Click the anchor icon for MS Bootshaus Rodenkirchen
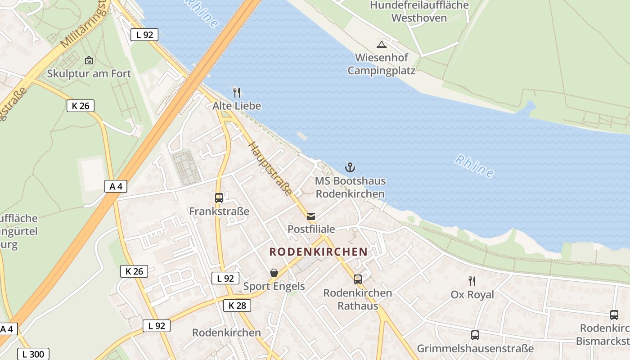point(350,168)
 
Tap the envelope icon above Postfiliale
point(311,216)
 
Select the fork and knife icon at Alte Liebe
point(237,93)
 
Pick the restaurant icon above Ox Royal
point(472,281)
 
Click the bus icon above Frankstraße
point(219,198)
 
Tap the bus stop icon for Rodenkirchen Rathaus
point(358,279)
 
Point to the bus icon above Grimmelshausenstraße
point(475,335)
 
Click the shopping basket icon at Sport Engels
point(274,273)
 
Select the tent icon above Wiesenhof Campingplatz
point(382,45)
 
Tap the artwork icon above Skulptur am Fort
point(89,60)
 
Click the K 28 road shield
point(237,306)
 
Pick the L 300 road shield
point(33,354)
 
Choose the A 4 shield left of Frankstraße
point(116,186)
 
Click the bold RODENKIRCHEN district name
point(318,252)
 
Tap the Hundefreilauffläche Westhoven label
point(419,12)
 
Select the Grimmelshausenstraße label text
point(475,348)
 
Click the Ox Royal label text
point(472,295)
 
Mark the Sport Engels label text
point(274,286)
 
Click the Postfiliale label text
point(311,229)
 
